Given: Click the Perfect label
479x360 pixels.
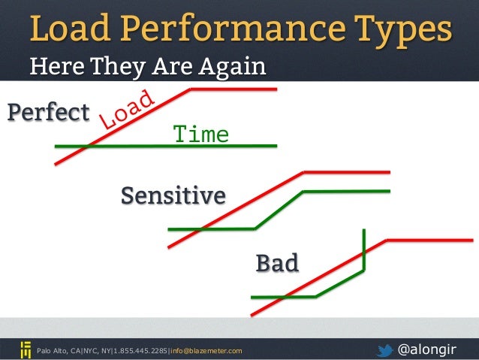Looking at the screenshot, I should (x=48, y=113).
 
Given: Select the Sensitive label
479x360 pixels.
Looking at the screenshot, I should (x=173, y=195).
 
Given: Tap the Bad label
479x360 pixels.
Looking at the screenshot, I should (x=277, y=263).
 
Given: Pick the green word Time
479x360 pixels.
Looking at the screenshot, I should (x=200, y=135).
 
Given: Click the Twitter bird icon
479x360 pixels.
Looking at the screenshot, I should (x=385, y=349).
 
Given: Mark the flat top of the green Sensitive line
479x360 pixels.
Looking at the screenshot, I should (x=345, y=191).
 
